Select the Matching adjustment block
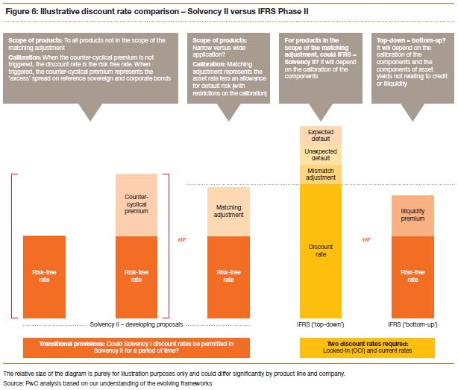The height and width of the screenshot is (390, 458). click(x=228, y=211)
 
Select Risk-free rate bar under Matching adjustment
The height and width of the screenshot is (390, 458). click(x=228, y=275)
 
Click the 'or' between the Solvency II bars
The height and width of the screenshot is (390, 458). click(x=183, y=240)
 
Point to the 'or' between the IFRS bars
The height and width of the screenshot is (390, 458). click(x=367, y=240)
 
